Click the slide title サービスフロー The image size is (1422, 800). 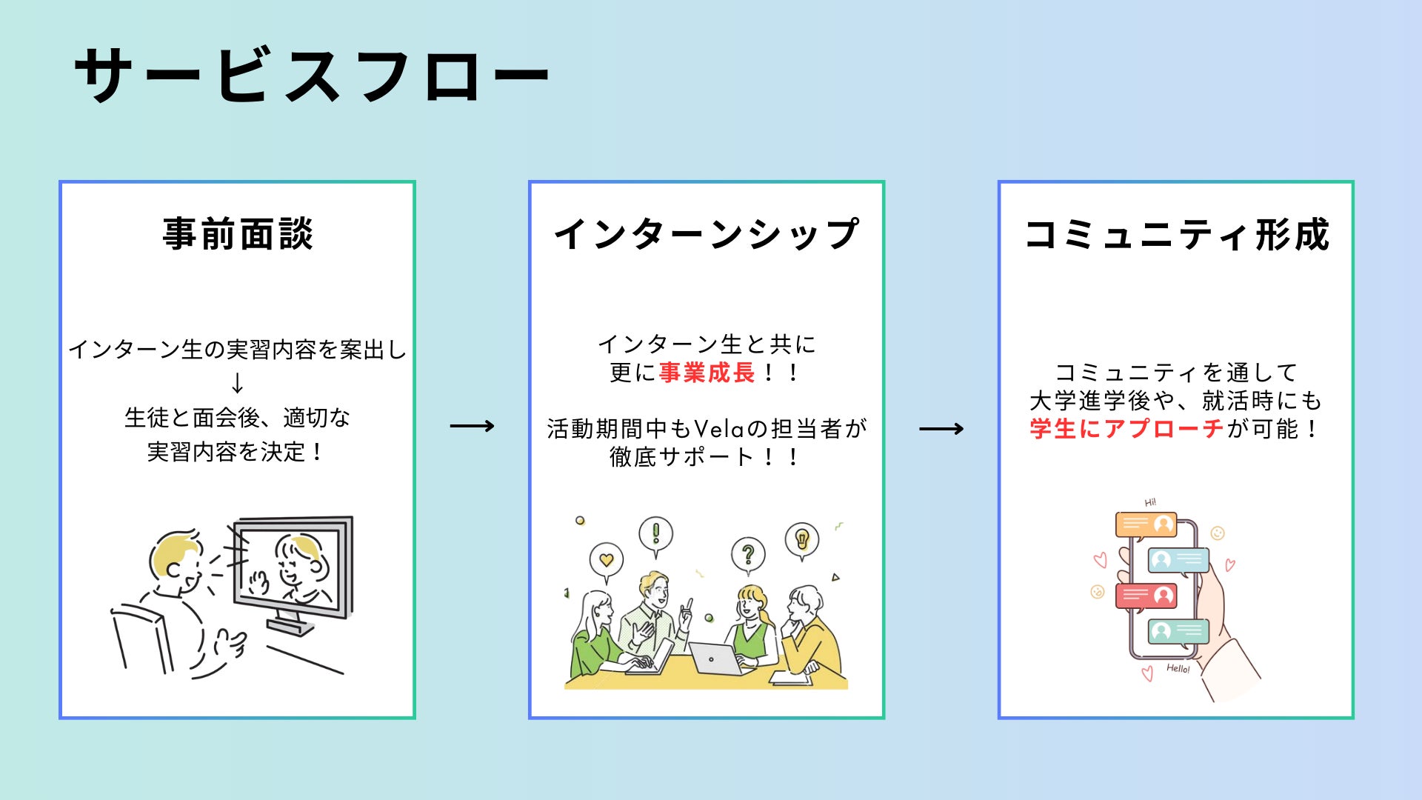(x=311, y=76)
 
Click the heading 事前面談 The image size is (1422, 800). (x=238, y=234)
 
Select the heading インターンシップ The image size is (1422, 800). (x=707, y=234)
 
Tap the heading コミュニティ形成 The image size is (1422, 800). (x=1177, y=234)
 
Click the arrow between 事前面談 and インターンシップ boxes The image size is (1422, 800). (x=472, y=426)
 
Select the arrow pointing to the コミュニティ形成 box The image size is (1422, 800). (x=941, y=429)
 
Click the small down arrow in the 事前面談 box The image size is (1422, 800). (x=237, y=383)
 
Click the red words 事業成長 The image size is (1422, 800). (x=707, y=373)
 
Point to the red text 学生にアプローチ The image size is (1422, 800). (x=1126, y=429)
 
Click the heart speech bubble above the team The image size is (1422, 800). (x=606, y=560)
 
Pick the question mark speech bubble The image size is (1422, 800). (x=748, y=554)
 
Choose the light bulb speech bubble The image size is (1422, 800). (x=801, y=539)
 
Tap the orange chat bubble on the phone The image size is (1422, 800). (x=1146, y=524)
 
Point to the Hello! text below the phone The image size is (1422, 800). (x=1178, y=668)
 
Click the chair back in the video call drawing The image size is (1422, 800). (x=141, y=637)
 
